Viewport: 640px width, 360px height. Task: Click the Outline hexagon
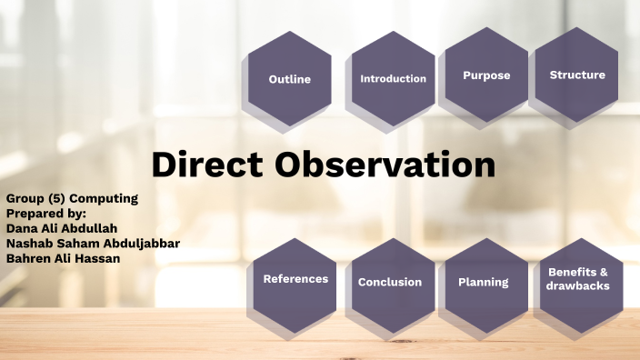[290, 79]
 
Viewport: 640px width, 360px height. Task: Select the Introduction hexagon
[393, 79]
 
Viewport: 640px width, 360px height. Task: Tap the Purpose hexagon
[486, 75]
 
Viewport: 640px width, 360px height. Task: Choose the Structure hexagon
[577, 75]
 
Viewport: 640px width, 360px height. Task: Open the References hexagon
[295, 279]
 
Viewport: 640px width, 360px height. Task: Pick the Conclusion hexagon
[390, 282]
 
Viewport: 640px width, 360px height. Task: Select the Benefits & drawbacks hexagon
[578, 279]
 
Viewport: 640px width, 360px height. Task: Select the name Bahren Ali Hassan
[63, 258]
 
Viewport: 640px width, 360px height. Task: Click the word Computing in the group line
[105, 197]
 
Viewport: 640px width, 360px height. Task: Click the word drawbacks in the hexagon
[578, 286]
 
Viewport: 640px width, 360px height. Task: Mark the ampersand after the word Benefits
[604, 272]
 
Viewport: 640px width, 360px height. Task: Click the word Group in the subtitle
[24, 197]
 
